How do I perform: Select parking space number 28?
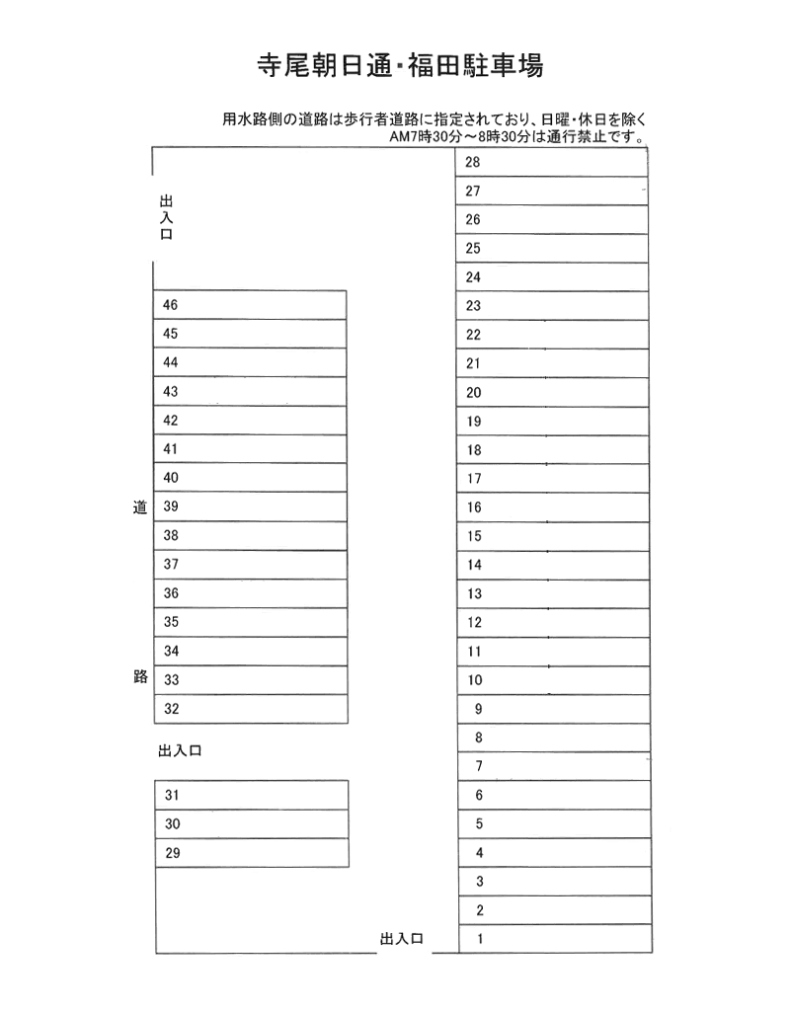point(550,162)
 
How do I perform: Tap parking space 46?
point(250,305)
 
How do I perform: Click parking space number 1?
point(555,939)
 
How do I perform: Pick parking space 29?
point(253,853)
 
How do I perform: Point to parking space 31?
point(253,796)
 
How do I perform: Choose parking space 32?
point(251,709)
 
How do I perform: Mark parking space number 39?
point(250,507)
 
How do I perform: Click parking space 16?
point(551,507)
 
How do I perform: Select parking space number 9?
point(554,709)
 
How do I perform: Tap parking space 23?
point(551,306)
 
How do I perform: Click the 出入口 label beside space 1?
point(402,940)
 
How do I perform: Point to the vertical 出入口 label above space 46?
point(166,218)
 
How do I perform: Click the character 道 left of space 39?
point(139,507)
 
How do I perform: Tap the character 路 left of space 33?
point(139,679)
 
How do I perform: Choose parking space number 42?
point(250,421)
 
